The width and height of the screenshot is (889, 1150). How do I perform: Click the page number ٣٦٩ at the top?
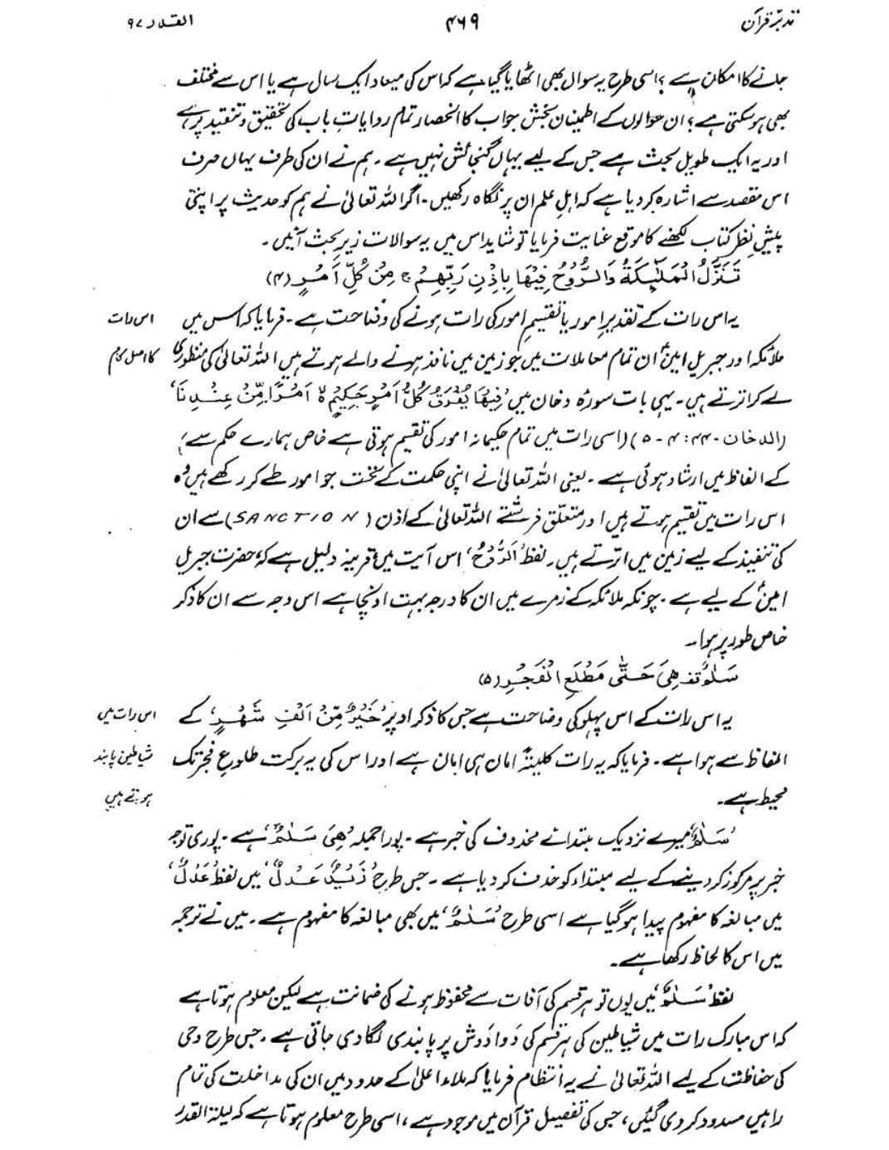463,25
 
